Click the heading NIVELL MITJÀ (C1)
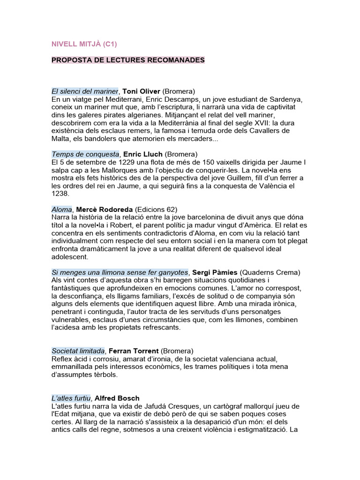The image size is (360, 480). (84, 45)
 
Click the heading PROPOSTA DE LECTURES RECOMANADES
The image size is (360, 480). (128, 60)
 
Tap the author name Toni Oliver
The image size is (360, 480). (142, 91)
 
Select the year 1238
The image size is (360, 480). (60, 194)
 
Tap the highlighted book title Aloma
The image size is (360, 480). (61, 209)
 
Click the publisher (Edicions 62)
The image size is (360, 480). (156, 209)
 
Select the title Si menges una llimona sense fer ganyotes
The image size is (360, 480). (120, 272)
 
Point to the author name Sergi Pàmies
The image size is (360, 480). (215, 272)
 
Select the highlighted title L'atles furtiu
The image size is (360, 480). (71, 398)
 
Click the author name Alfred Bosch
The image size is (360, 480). (117, 398)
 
